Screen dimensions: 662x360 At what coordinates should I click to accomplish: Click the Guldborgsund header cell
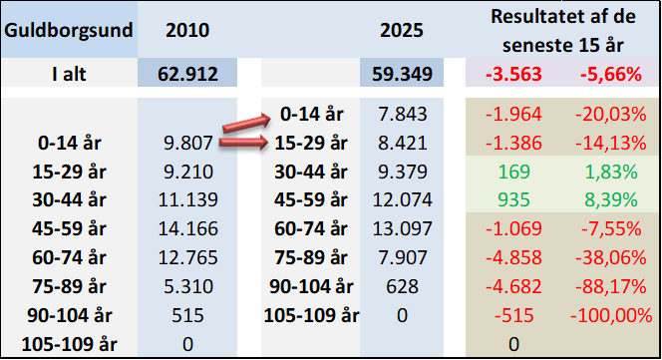pyautogui.click(x=69, y=31)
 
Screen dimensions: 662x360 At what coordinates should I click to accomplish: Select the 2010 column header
pyautogui.click(x=187, y=31)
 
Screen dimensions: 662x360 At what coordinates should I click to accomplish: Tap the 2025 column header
pyautogui.click(x=402, y=31)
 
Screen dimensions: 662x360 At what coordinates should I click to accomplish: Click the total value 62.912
pyautogui.click(x=187, y=74)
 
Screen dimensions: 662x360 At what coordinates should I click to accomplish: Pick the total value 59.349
pyautogui.click(x=402, y=74)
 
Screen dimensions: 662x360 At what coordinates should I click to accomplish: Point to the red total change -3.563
pyautogui.click(x=513, y=75)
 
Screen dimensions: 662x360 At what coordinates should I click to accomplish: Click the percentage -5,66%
pyautogui.click(x=611, y=75)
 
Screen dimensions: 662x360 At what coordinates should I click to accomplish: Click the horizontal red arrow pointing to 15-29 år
pyautogui.click(x=243, y=143)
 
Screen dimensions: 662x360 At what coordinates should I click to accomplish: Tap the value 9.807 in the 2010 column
pyautogui.click(x=188, y=144)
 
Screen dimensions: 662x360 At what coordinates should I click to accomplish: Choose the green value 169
pyautogui.click(x=513, y=172)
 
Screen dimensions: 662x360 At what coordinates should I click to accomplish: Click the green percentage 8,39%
pyautogui.click(x=611, y=199)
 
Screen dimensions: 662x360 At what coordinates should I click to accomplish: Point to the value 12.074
pyautogui.click(x=403, y=199)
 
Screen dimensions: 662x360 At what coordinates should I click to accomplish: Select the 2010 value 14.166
pyautogui.click(x=187, y=228)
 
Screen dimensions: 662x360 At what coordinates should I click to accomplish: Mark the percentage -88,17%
pyautogui.click(x=610, y=286)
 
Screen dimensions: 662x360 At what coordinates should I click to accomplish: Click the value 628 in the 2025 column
pyautogui.click(x=402, y=286)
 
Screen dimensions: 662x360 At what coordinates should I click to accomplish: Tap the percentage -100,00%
pyautogui.click(x=611, y=316)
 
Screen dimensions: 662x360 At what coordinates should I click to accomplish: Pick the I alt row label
pyautogui.click(x=69, y=75)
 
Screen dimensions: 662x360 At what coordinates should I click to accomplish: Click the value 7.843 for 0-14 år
pyautogui.click(x=403, y=114)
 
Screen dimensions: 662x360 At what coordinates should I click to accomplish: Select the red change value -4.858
pyautogui.click(x=513, y=257)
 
